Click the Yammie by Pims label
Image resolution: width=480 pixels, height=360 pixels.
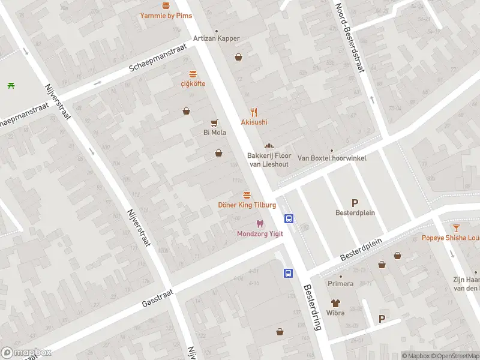(x=166, y=16)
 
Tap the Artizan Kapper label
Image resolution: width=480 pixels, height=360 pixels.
(x=216, y=38)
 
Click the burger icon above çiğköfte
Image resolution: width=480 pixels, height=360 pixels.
(x=193, y=74)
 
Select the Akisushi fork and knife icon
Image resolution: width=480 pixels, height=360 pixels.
(x=254, y=112)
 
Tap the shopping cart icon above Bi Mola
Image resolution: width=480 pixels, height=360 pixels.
(x=214, y=122)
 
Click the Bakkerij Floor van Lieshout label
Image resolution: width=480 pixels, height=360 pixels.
(x=269, y=160)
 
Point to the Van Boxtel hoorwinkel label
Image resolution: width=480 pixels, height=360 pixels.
(x=332, y=158)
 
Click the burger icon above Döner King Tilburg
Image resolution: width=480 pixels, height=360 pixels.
(x=247, y=195)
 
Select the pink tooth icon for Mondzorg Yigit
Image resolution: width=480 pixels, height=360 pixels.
(x=260, y=224)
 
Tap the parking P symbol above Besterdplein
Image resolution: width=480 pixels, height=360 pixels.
(x=355, y=203)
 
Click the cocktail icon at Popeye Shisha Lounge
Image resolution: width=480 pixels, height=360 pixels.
(x=457, y=227)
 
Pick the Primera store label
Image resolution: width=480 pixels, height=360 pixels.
(x=340, y=283)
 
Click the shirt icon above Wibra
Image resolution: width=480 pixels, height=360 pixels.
(x=335, y=303)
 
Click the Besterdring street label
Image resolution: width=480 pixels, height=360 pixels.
(x=313, y=307)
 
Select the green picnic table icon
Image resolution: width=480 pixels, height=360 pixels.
(x=11, y=85)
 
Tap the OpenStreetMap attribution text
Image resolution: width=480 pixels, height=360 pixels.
(x=455, y=356)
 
